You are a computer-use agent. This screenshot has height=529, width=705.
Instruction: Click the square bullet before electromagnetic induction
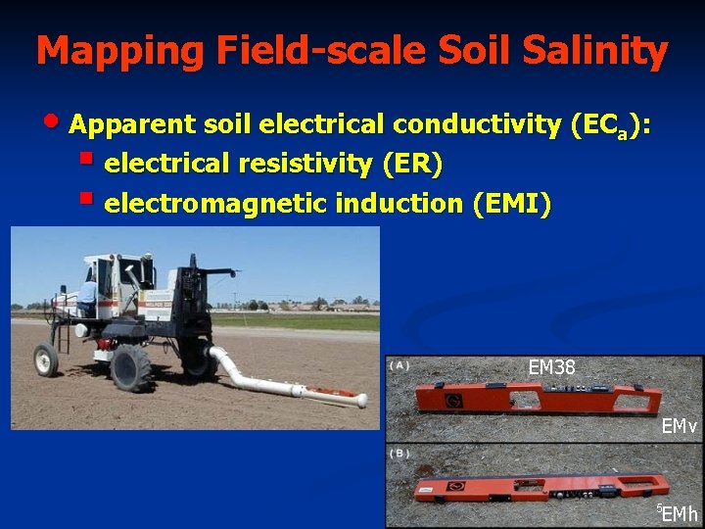point(87,200)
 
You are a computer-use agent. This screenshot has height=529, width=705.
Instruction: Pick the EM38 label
point(551,368)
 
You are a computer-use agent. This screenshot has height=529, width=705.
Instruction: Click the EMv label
point(679,426)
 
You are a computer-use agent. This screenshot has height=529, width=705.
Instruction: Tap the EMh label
point(680,513)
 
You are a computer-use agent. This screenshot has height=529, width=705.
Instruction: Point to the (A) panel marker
point(399,366)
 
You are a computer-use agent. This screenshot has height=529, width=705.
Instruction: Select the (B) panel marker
point(399,454)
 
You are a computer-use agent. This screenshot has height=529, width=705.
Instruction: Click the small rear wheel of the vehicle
point(46,360)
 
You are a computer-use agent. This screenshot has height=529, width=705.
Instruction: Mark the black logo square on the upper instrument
point(454,400)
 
